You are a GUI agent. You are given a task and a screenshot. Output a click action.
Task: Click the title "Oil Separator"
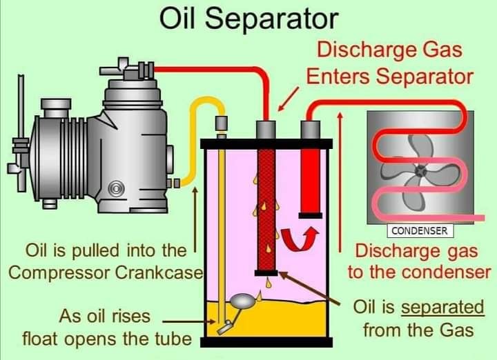click(248, 19)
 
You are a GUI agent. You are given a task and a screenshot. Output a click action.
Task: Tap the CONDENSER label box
click(419, 230)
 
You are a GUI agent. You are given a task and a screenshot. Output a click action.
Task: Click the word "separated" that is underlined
click(442, 306)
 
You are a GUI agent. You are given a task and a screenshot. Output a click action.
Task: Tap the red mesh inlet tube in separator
click(266, 207)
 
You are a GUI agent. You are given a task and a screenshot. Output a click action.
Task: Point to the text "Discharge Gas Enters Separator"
click(390, 63)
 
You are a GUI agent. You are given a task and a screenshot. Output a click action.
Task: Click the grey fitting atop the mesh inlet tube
click(266, 128)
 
